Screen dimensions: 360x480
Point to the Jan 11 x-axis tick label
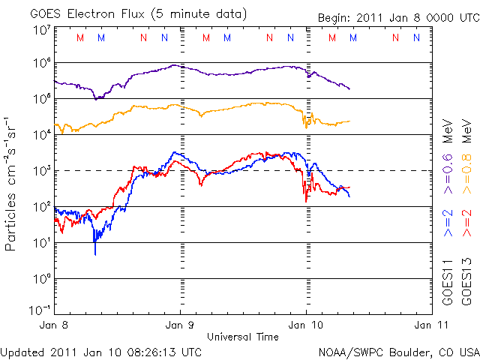pyautogui.click(x=430, y=325)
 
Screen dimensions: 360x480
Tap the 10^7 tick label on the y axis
pyautogui.click(x=40, y=30)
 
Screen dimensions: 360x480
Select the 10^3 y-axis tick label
pyautogui.click(x=40, y=171)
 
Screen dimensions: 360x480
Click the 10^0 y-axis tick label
pyautogui.click(x=40, y=279)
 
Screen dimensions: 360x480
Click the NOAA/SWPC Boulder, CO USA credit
pyautogui.click(x=397, y=351)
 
